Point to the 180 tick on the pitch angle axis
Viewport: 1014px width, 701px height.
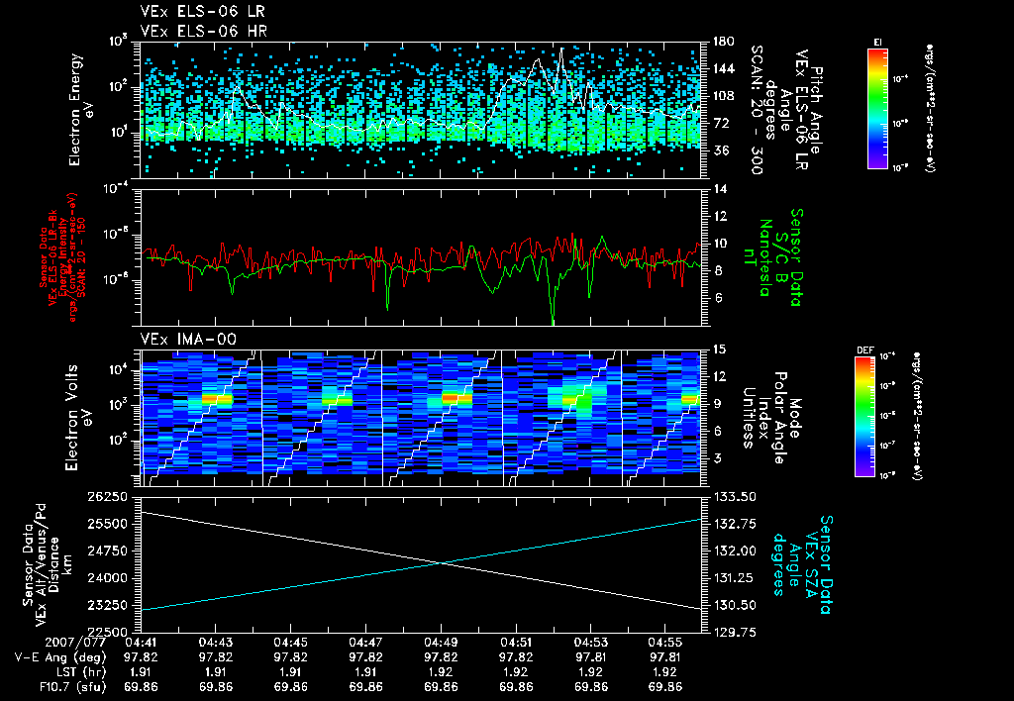point(721,42)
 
